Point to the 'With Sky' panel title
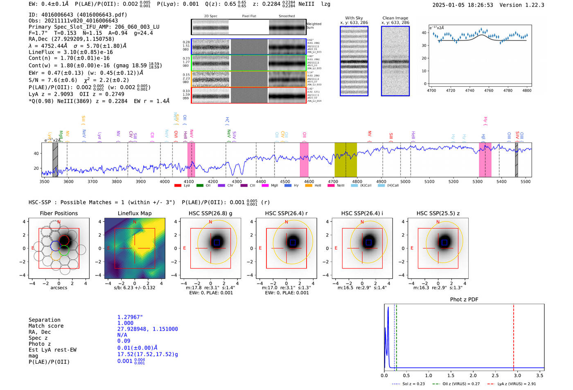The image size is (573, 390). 354,18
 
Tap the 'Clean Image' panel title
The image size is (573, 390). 395,18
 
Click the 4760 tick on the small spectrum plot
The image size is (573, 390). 489,90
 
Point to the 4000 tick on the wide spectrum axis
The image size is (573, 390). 165,182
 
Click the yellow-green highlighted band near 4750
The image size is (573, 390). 345,160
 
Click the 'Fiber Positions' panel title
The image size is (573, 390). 59,213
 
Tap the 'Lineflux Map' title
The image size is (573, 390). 135,213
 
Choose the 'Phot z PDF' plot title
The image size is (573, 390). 464,300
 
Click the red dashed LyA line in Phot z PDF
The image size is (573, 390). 514,336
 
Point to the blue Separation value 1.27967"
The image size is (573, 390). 130,317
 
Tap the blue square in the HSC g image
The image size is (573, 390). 217,243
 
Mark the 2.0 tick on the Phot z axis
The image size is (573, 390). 473,375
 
